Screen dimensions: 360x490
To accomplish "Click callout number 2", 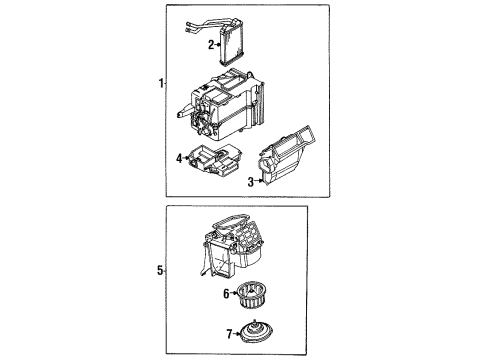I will (x=211, y=45).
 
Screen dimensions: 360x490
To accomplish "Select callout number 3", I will (x=249, y=181).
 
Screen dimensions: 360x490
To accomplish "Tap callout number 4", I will (x=179, y=158).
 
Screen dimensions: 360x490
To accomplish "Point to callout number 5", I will (x=159, y=269).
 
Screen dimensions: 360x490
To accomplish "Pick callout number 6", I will (x=226, y=293).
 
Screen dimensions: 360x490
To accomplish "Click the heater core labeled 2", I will (x=240, y=46).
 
